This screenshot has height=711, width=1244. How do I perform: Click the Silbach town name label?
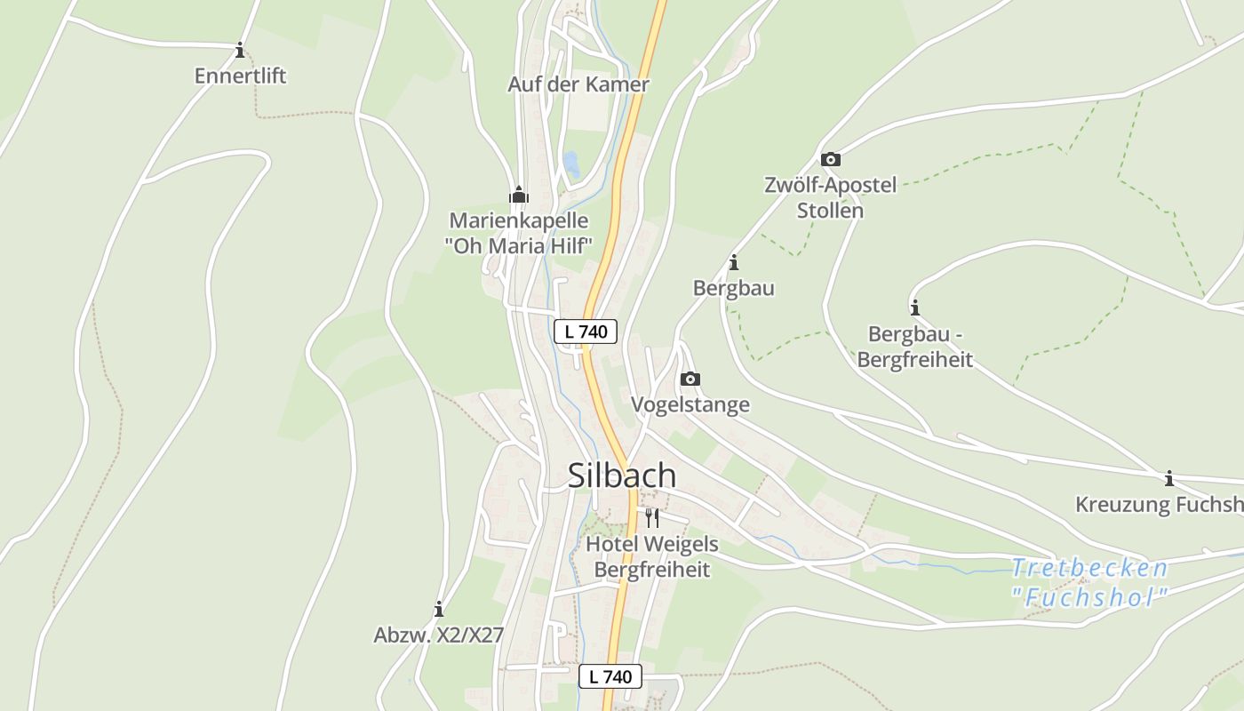(622, 475)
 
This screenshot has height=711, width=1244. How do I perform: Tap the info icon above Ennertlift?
(240, 50)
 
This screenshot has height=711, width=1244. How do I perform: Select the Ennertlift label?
(240, 76)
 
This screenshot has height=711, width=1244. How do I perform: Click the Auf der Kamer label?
(578, 84)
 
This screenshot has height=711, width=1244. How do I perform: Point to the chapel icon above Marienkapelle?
(518, 194)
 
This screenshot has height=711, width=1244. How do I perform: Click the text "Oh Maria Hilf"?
(519, 245)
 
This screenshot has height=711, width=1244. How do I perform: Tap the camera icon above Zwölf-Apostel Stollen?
(831, 159)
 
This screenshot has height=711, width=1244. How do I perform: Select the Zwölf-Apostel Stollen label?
(831, 198)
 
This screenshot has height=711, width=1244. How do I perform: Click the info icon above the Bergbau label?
(734, 262)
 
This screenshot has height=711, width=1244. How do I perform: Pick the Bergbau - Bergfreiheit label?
(920, 347)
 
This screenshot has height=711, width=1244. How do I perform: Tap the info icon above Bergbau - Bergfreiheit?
(915, 308)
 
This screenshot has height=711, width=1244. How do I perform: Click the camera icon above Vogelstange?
(690, 379)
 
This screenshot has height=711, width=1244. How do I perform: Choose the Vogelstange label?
(690, 404)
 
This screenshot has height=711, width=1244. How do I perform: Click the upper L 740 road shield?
(586, 332)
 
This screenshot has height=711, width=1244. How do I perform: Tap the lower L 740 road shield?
(610, 676)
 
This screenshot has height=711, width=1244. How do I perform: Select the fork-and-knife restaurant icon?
(652, 517)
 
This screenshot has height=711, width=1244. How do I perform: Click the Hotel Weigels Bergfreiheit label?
(652, 556)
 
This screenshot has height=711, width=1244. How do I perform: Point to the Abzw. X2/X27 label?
(439, 635)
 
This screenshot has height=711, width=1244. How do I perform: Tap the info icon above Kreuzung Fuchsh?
(1169, 478)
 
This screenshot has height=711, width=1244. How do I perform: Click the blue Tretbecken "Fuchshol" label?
(1089, 582)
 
